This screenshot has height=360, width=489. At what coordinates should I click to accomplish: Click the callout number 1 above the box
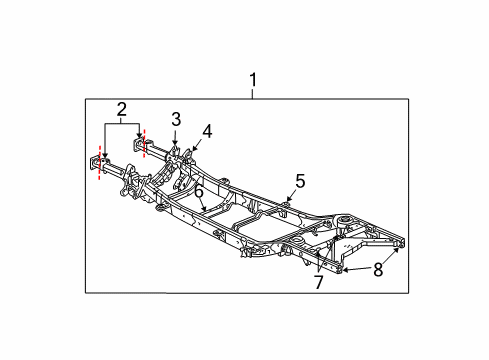(x=253, y=79)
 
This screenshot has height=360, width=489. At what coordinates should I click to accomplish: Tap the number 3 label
(x=175, y=120)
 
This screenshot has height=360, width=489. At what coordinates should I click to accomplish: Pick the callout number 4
(x=207, y=130)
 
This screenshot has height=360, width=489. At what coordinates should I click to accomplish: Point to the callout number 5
(x=299, y=181)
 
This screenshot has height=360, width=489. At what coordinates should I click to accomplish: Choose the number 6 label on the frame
(x=199, y=191)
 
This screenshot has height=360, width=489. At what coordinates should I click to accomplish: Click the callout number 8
(x=379, y=268)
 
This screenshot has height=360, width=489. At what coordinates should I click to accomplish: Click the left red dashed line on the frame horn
(x=100, y=165)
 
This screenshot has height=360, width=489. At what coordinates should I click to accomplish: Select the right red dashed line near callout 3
(x=145, y=143)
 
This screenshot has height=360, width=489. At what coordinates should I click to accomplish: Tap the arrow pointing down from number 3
(x=175, y=140)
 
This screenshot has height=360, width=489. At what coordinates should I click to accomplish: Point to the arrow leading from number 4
(x=198, y=146)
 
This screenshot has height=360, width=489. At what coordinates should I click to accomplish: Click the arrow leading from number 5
(x=291, y=197)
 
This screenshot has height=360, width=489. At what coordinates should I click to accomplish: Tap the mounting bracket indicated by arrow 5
(x=286, y=206)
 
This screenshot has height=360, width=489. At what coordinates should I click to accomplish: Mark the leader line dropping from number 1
(x=253, y=93)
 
